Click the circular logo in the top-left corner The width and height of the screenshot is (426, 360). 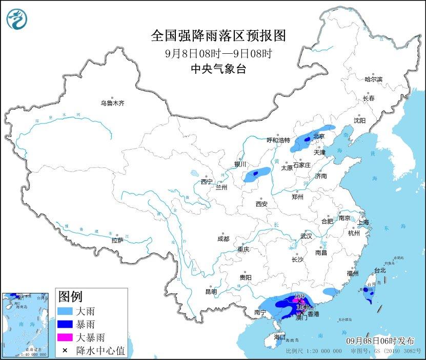pos(17,19)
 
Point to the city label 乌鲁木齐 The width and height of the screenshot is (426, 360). pos(112,103)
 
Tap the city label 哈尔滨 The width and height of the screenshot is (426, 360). pos(373,79)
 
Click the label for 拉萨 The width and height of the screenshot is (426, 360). pos(117,240)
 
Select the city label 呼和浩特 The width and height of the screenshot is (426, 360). pos(278,140)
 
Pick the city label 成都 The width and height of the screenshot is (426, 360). pos(223,239)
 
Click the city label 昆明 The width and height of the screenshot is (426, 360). pos(211,291)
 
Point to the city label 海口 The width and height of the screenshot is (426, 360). pos(279,337)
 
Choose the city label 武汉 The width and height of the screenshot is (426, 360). pos(306,236)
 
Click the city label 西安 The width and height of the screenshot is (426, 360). pos(261,204)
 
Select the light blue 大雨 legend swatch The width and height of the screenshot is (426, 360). pos(65,311)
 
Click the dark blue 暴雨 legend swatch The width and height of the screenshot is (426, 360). pos(65,324)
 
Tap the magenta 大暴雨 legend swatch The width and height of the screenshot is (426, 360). pos(65,337)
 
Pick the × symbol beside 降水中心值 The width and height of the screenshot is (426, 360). pos(65,351)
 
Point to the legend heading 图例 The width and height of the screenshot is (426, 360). pos(71,297)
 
